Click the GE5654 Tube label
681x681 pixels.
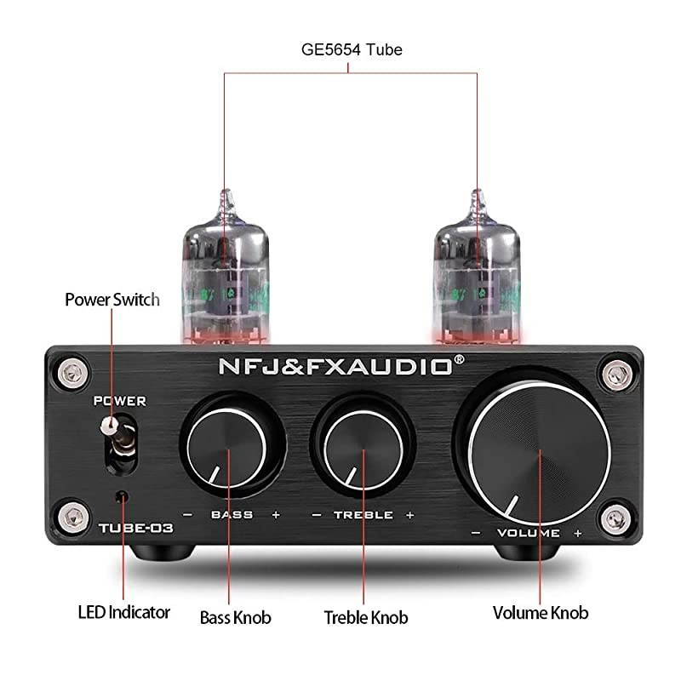tap(352, 49)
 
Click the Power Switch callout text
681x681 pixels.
tap(112, 300)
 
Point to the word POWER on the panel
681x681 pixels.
tap(120, 400)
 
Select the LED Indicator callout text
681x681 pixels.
tap(124, 612)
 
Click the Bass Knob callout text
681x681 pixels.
tap(235, 616)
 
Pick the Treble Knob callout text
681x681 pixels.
tap(366, 617)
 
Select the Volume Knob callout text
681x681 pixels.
tap(541, 612)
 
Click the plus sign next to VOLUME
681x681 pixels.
tap(578, 534)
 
